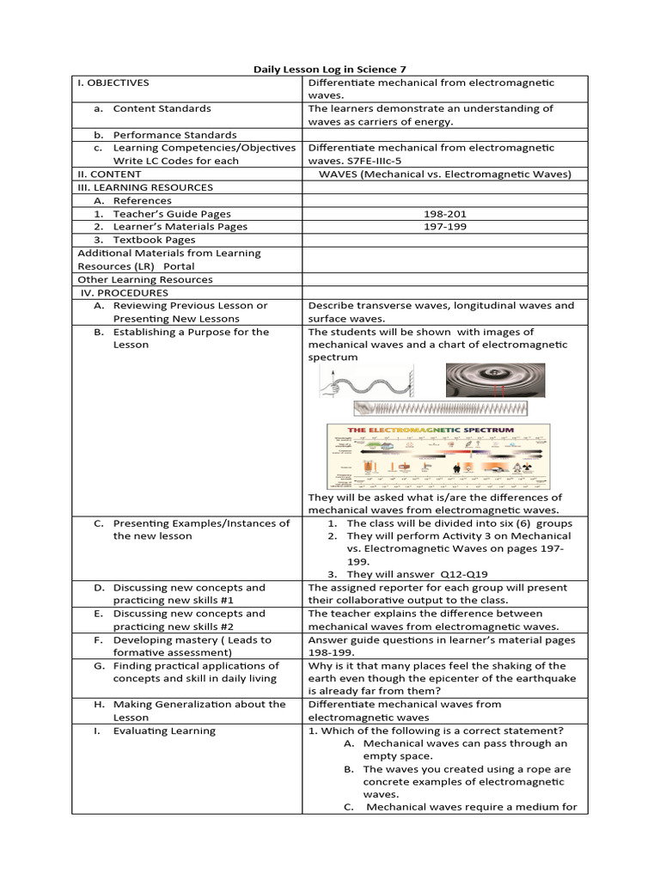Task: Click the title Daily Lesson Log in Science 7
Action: coord(330,68)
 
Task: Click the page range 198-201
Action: coord(443,214)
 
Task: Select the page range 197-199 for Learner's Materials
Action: coord(443,227)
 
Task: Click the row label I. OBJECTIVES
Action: coord(113,83)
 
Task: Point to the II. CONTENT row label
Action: coord(108,174)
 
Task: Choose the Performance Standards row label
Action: coord(174,135)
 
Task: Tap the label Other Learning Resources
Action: coord(144,279)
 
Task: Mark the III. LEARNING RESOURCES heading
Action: coord(145,187)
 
